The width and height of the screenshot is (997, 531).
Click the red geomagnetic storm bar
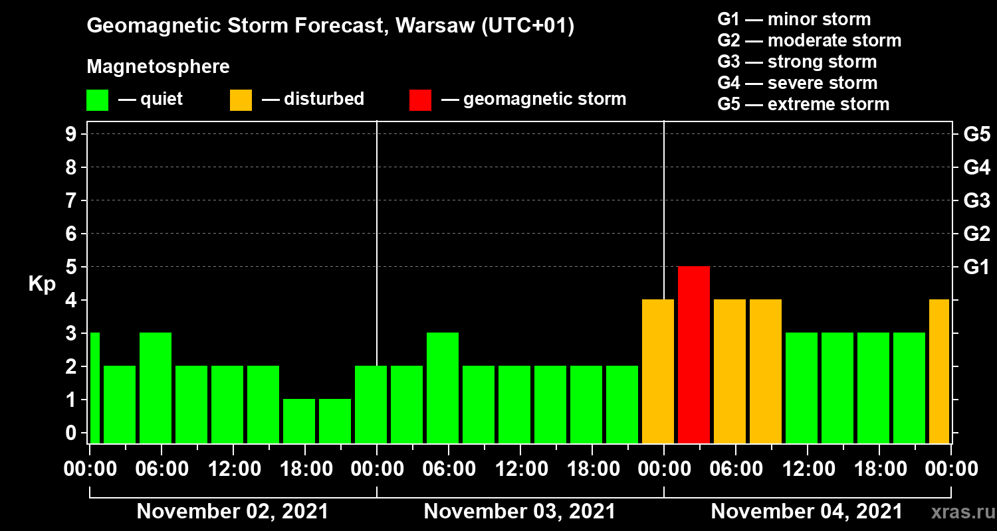point(694,354)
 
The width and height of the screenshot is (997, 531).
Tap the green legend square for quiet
point(97,100)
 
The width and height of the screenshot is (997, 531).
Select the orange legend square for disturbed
point(241,100)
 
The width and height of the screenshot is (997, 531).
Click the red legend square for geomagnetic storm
point(420,100)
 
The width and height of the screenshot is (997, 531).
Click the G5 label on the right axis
point(976,134)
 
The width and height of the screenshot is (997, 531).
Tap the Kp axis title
point(42,284)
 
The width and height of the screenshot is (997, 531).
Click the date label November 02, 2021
point(233,512)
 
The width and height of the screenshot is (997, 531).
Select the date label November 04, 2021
point(807,512)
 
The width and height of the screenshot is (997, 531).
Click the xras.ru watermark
point(958,512)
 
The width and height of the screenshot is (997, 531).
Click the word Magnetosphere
point(158,67)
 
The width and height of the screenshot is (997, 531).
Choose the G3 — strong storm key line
point(797,62)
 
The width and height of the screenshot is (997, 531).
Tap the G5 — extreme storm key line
point(803,104)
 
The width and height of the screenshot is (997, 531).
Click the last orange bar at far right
point(939,371)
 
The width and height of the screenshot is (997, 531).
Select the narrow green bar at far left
point(94,388)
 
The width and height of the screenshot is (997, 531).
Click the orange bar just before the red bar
point(658,371)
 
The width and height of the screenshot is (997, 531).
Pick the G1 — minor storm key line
point(794,19)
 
